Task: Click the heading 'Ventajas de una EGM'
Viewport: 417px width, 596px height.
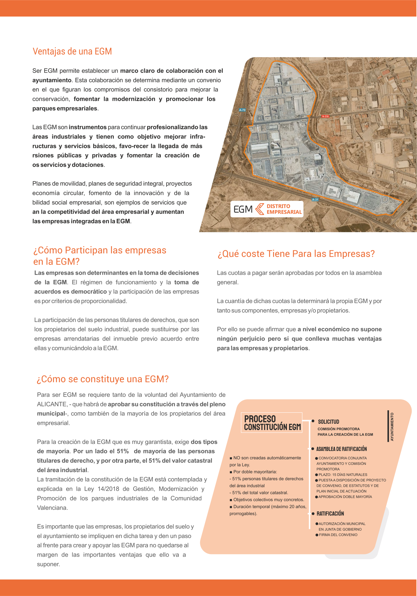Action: (72, 51)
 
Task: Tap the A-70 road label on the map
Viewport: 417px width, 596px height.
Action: (242, 110)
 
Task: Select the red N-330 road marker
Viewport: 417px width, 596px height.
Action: (325, 117)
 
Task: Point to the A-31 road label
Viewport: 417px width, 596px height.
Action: (315, 200)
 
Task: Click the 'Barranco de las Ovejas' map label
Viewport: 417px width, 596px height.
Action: (366, 186)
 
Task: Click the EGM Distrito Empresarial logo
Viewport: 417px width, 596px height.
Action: (267, 209)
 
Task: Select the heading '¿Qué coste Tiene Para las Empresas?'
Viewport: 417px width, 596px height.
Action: (296, 254)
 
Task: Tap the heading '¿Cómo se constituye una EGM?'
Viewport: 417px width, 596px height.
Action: (103, 379)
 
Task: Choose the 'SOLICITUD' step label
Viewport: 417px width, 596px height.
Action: (329, 422)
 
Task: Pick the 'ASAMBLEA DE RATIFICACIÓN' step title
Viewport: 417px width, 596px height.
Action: (341, 449)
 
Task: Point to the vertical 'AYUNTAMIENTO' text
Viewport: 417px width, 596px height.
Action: (392, 427)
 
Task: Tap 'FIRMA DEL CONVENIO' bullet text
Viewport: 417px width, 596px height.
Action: (338, 535)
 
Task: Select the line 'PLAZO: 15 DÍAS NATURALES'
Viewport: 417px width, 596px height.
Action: (343, 474)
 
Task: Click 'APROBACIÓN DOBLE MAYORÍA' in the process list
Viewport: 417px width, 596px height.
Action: (345, 497)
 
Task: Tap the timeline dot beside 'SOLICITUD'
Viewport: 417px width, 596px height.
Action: (313, 421)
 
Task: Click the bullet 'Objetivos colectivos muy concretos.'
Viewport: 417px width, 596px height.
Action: (268, 499)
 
